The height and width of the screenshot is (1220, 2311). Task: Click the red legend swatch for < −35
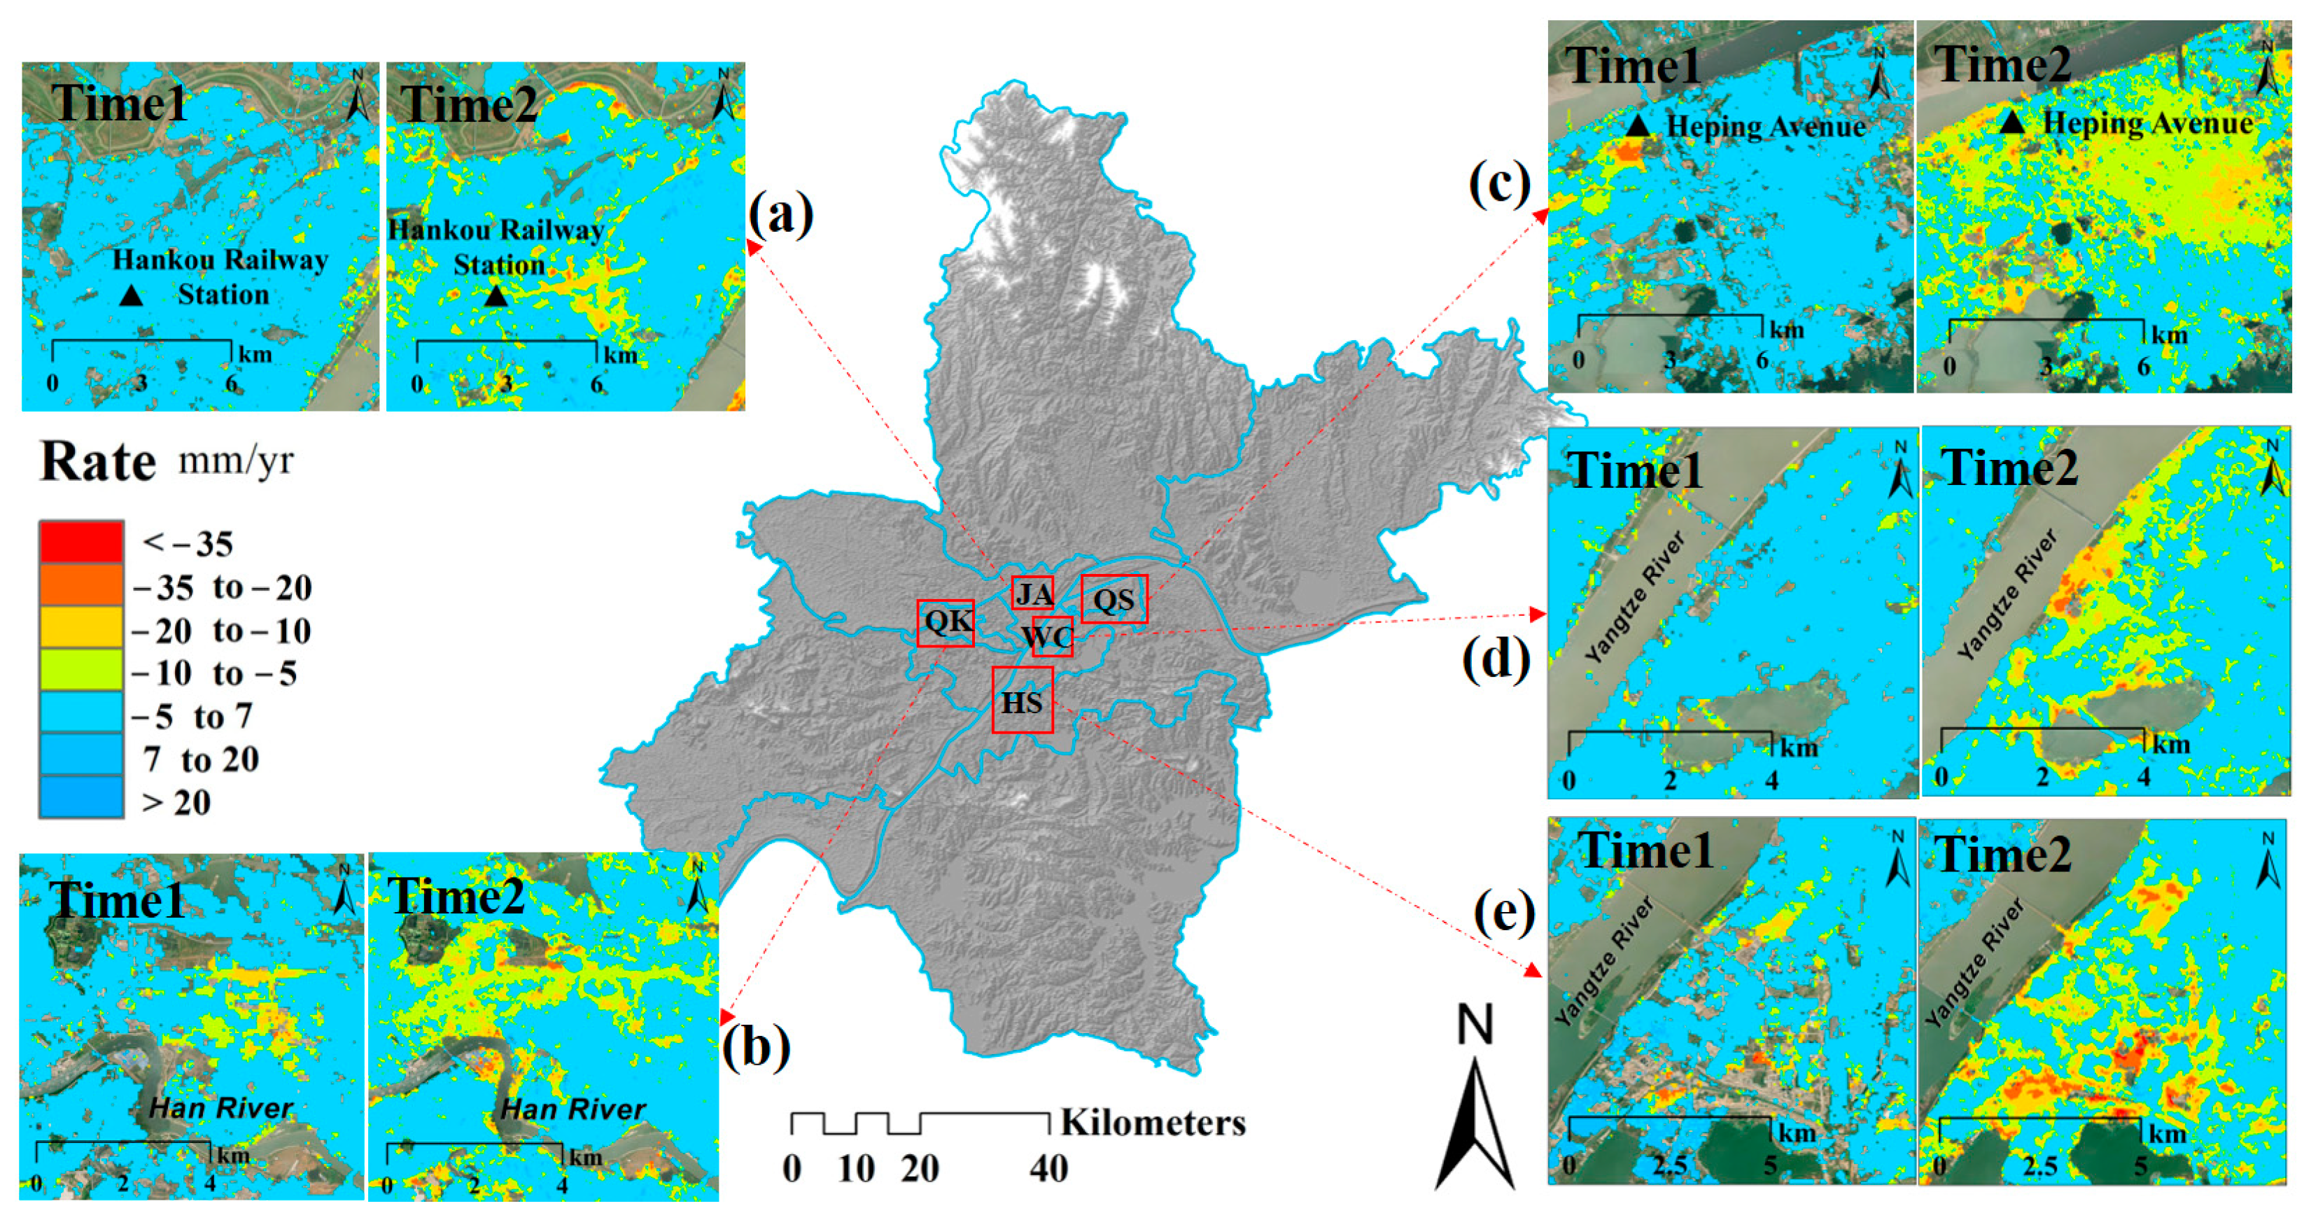pyautogui.click(x=80, y=541)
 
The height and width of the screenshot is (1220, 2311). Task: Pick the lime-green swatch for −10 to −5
pyautogui.click(x=80, y=669)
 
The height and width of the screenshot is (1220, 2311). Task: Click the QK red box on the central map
pyautogui.click(x=946, y=622)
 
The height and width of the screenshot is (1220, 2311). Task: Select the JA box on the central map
pyautogui.click(x=1032, y=594)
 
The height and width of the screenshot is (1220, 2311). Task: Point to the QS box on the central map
pyautogui.click(x=1114, y=599)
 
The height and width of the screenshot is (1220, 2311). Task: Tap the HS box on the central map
pyautogui.click(x=1022, y=701)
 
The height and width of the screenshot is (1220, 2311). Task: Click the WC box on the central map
pyautogui.click(x=1051, y=636)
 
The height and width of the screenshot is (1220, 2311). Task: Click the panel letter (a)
pyautogui.click(x=780, y=216)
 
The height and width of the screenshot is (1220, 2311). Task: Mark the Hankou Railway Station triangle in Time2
pyautogui.click(x=496, y=295)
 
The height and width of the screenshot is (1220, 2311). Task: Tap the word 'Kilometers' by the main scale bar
pyautogui.click(x=1153, y=1122)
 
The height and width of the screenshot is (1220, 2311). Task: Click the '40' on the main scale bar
pyautogui.click(x=1048, y=1168)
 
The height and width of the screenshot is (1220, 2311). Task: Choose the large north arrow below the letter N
pyautogui.click(x=1474, y=1121)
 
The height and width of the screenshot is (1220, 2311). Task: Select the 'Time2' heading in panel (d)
pyautogui.click(x=2009, y=468)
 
